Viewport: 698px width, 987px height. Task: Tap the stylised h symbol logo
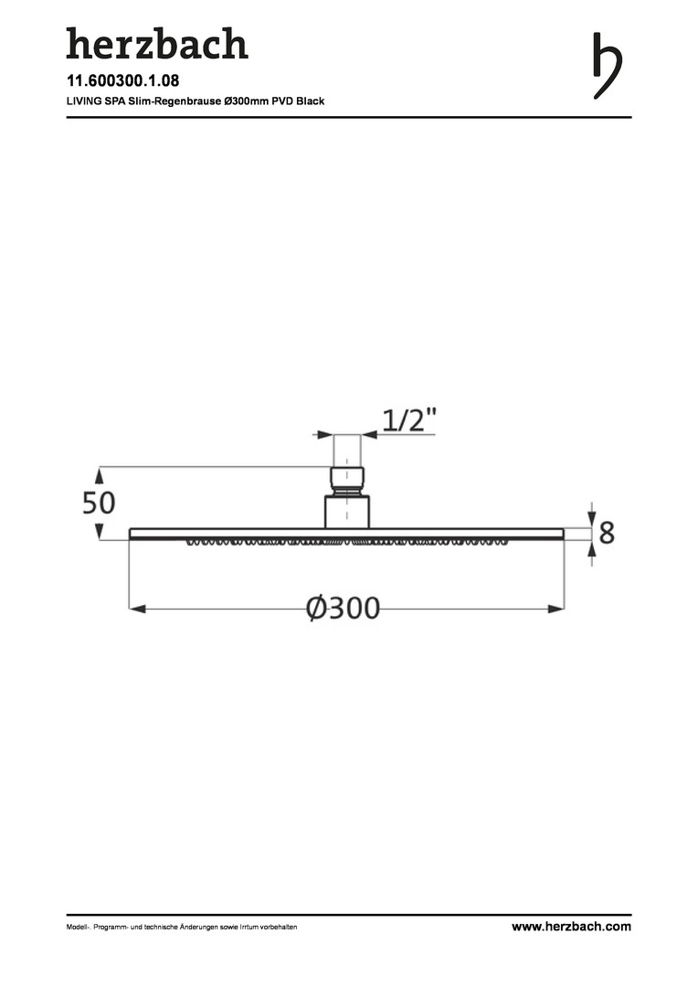(x=607, y=66)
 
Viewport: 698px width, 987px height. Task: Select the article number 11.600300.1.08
(x=122, y=80)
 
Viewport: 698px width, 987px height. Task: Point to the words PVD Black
(x=299, y=101)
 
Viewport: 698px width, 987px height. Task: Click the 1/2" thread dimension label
(x=409, y=419)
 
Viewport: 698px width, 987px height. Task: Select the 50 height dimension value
(x=99, y=504)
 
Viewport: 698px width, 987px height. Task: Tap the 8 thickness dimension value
(x=607, y=533)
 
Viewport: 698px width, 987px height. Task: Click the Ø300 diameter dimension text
(x=343, y=609)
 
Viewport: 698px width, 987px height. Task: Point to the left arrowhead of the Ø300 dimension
(x=137, y=609)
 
